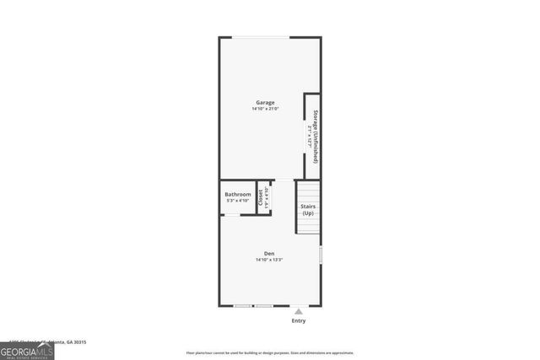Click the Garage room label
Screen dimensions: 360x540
(266, 102)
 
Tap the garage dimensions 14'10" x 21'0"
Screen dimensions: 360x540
(266, 109)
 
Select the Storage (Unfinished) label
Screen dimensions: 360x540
(315, 136)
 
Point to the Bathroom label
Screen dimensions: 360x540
(238, 195)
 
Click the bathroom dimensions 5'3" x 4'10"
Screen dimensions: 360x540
(238, 201)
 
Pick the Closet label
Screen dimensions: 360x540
(260, 197)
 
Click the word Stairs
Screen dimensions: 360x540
(308, 206)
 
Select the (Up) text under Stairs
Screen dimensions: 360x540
(308, 213)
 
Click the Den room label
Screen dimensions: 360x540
(269, 253)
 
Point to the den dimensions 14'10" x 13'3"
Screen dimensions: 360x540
(269, 260)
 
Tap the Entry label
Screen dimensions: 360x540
(299, 320)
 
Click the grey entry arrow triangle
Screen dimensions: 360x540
(298, 311)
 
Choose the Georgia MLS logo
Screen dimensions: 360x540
(27, 348)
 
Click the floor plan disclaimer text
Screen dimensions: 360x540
(270, 352)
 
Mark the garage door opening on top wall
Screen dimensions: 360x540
(262, 37)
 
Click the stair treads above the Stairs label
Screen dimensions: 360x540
(308, 191)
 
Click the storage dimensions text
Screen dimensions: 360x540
(309, 136)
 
